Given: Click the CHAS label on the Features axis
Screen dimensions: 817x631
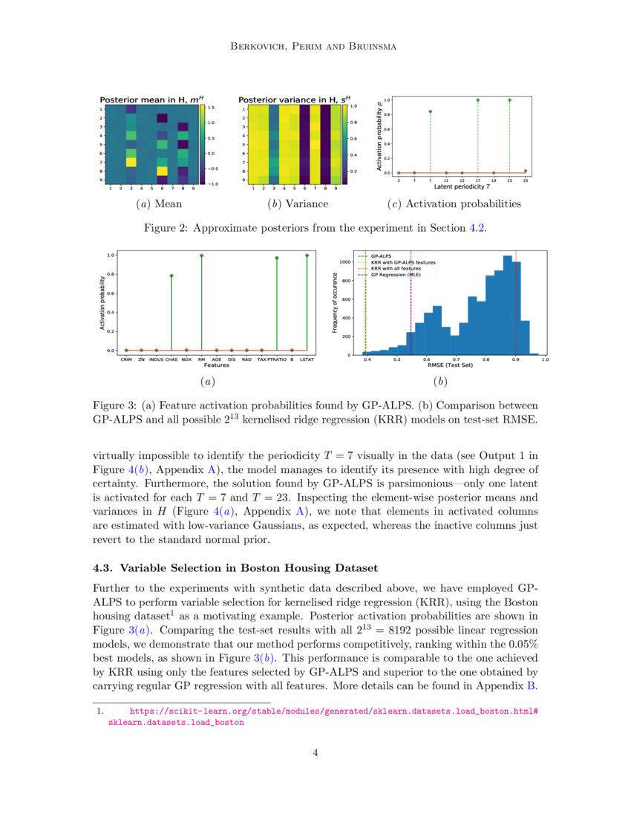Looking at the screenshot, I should [x=171, y=359].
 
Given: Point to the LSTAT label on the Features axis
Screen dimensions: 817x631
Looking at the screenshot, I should [x=307, y=359].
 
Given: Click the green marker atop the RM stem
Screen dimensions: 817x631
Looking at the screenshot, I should [x=201, y=255].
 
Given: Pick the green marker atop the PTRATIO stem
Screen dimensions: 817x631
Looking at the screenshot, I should [x=277, y=258].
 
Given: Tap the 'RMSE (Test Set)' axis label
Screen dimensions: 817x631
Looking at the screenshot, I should [x=450, y=365].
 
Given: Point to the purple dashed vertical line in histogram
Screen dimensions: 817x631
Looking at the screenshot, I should [x=411, y=312].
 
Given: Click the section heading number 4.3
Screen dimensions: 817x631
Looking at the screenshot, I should [x=103, y=568].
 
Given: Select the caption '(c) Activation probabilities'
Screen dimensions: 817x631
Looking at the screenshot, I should [x=454, y=204].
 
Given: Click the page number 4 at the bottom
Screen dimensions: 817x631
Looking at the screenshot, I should [x=315, y=752].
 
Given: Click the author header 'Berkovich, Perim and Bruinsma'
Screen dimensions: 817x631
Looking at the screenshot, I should [x=315, y=47].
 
